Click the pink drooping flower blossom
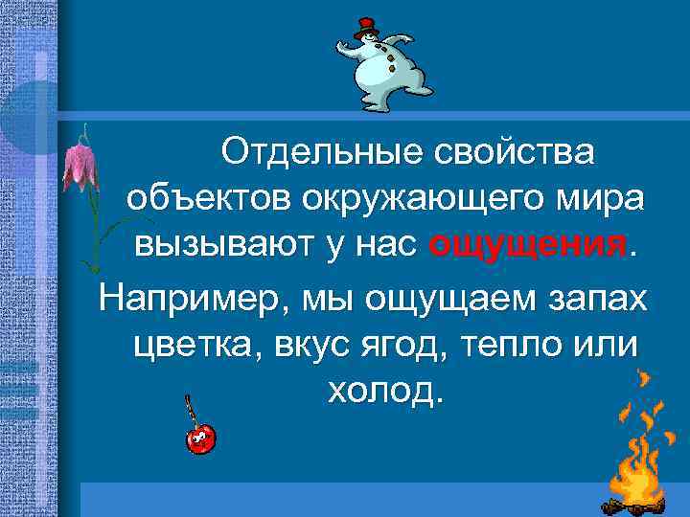(x=78, y=163)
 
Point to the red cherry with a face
(x=200, y=438)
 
